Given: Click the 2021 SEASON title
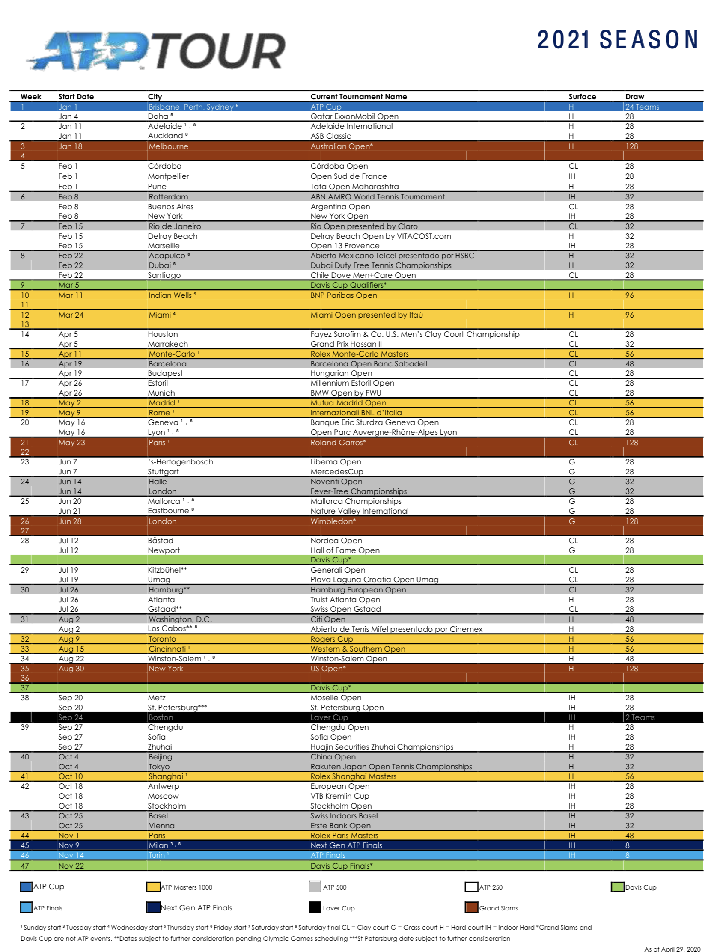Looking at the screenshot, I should point(618,39).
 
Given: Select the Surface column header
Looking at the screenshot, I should point(582,97).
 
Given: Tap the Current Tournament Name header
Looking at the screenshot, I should point(359,97).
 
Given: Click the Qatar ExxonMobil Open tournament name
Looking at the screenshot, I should point(354,116).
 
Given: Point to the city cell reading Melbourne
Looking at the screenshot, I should point(168,146).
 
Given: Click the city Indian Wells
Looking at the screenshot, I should point(170,295).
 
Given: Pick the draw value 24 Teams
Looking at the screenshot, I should point(642,107).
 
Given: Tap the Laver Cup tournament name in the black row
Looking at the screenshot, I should point(329,717).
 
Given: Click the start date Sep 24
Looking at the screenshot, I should point(71,717).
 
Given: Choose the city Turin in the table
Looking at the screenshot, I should point(157,855).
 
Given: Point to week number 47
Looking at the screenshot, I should point(25,866).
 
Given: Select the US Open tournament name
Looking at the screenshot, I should point(327,668).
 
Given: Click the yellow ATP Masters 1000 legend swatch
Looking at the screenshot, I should point(153,887).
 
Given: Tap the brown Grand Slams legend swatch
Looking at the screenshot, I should point(471,907).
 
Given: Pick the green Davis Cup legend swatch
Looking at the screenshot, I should point(618,887).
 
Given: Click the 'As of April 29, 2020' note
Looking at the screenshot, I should point(672,949).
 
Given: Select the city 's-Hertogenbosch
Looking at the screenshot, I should point(180,462).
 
